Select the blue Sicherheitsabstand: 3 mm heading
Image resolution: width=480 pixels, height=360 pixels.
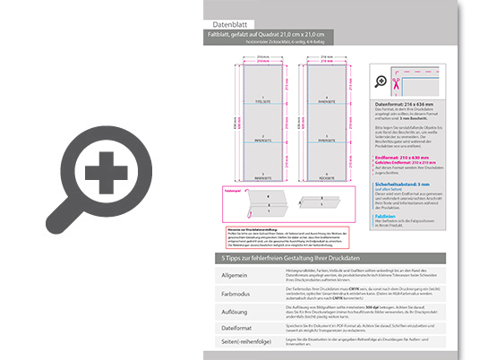pos(407,183)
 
